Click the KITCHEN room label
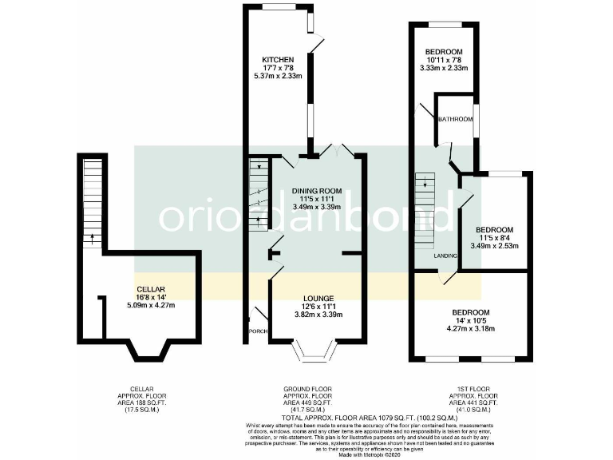tap(279, 60)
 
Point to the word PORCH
tap(257, 331)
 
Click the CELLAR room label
tap(151, 289)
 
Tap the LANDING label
tap(445, 256)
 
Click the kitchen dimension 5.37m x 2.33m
tap(279, 76)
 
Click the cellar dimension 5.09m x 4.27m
tap(151, 305)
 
